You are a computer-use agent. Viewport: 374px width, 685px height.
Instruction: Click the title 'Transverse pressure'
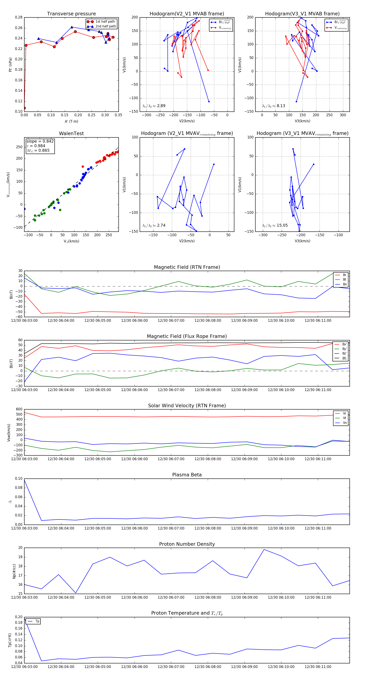click(71, 14)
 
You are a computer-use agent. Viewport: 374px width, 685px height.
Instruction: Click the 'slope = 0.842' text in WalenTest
click(40, 141)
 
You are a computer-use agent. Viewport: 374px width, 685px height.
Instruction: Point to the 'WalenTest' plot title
click(71, 133)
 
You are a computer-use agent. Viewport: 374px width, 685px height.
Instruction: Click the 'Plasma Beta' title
click(187, 475)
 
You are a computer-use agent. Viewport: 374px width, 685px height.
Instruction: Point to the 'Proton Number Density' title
click(187, 544)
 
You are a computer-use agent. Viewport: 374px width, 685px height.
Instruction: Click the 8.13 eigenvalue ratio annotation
click(273, 106)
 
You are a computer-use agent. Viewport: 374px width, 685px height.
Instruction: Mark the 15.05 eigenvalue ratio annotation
click(275, 225)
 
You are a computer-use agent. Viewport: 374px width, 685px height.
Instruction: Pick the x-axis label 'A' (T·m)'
click(71, 121)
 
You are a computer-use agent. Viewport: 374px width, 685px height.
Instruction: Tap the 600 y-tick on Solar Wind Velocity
click(19, 409)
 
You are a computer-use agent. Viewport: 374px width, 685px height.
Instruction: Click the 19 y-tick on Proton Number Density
click(20, 557)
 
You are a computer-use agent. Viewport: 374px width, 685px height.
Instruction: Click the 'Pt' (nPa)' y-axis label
click(10, 65)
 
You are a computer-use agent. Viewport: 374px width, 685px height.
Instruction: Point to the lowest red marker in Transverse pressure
click(25, 108)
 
